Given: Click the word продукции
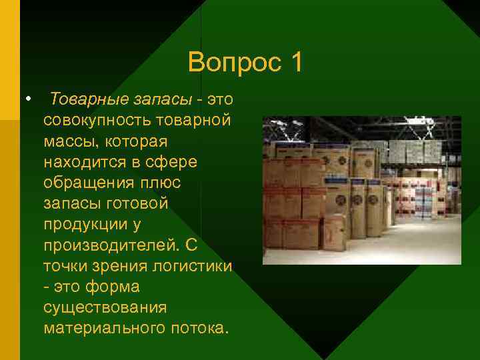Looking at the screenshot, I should [x=87, y=224].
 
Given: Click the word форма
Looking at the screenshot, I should [x=114, y=287].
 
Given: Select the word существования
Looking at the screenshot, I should [x=104, y=307].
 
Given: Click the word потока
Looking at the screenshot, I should [x=200, y=328].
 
